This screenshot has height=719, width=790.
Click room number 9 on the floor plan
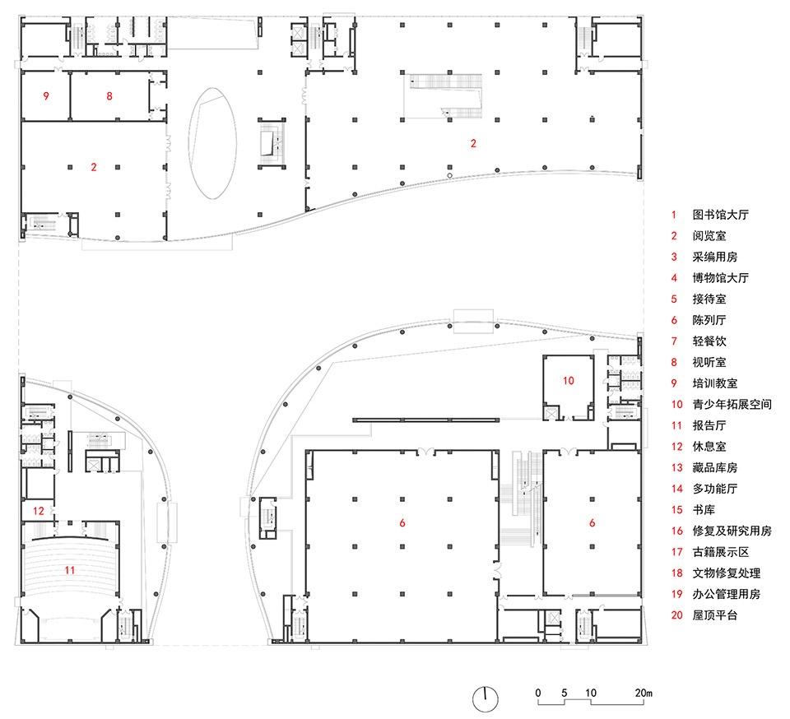tap(46, 95)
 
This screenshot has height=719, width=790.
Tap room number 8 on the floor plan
tap(109, 95)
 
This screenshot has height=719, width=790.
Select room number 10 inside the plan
tap(569, 381)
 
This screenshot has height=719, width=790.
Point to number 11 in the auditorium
tap(69, 570)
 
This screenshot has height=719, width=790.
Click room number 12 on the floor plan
tap(39, 511)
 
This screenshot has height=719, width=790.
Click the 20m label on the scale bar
tap(644, 693)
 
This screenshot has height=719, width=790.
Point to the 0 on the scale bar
tap(538, 693)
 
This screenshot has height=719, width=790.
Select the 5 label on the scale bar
tap(565, 693)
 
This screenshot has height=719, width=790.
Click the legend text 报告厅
tap(709, 425)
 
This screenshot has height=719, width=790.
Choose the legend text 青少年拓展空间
tap(732, 404)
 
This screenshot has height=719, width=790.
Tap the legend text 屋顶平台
tap(714, 615)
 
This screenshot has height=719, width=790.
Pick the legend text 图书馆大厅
tap(721, 215)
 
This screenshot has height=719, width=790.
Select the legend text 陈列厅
tap(709, 320)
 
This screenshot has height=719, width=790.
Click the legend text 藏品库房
tap(714, 468)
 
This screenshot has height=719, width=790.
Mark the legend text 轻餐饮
tap(709, 341)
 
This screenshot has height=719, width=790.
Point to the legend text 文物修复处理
tap(726, 573)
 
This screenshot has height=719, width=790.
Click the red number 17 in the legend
tap(676, 552)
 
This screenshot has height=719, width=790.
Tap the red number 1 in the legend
tap(674, 215)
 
